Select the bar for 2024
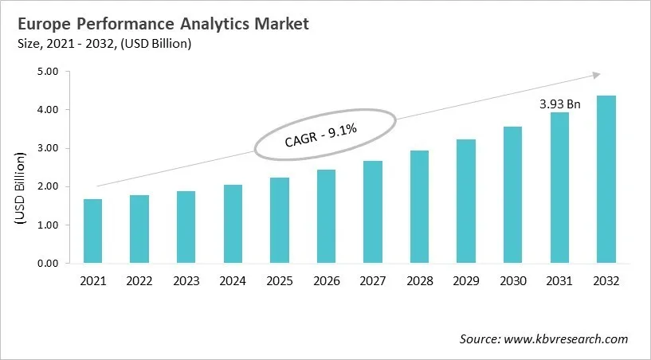[233, 224]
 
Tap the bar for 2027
[373, 212]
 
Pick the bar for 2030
[513, 194]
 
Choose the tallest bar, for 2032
[606, 179]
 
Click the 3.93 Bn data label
[560, 104]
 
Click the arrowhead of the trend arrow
[595, 75]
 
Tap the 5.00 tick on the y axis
[49, 72]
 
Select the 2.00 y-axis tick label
[49, 187]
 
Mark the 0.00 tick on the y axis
[49, 264]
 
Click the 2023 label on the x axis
[186, 280]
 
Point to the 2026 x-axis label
[326, 280]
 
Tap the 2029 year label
[466, 280]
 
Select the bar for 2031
[560, 188]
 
